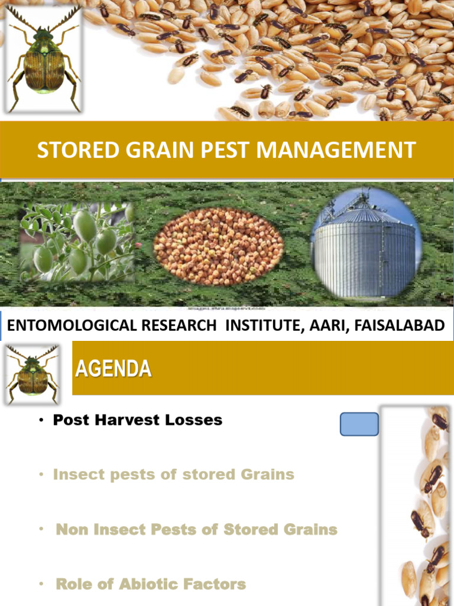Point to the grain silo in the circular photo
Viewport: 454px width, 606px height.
tap(365, 246)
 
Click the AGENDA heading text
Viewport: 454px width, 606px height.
tap(113, 370)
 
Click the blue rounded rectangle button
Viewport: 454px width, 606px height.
tap(359, 424)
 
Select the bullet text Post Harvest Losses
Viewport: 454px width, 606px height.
tap(137, 420)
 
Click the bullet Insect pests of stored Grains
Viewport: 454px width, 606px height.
tap(173, 475)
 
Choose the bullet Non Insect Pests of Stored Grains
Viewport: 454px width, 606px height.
tap(196, 530)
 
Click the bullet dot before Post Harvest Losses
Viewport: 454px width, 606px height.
tap(43, 421)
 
